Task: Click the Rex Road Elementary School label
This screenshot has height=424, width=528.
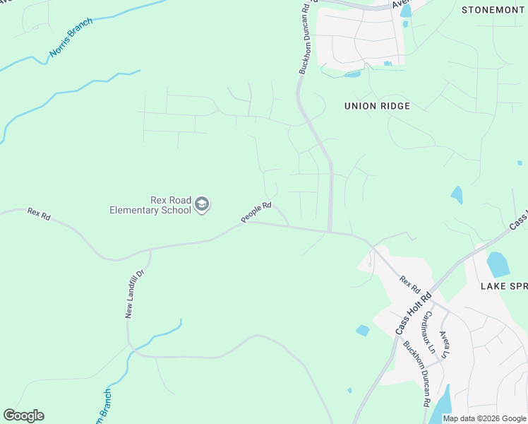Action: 150,205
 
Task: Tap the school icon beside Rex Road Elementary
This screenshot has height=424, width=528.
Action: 203,205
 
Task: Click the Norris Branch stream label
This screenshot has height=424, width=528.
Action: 71,43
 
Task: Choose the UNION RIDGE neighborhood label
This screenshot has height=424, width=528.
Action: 377,106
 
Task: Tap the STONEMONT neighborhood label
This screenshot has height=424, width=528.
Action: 493,10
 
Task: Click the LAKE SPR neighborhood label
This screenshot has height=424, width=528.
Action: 504,286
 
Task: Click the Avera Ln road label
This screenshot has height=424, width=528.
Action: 445,345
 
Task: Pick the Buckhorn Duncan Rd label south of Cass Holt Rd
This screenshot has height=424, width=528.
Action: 416,374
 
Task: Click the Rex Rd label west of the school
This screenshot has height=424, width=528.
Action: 39,213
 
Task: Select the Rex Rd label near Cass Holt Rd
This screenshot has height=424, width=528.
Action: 409,285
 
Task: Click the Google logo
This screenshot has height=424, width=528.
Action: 23,416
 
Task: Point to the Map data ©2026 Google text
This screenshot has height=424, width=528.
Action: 484,418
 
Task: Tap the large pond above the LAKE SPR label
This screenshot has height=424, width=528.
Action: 498,264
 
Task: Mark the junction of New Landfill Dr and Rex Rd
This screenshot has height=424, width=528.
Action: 150,249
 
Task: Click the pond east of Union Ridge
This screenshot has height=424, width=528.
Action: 457,194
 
